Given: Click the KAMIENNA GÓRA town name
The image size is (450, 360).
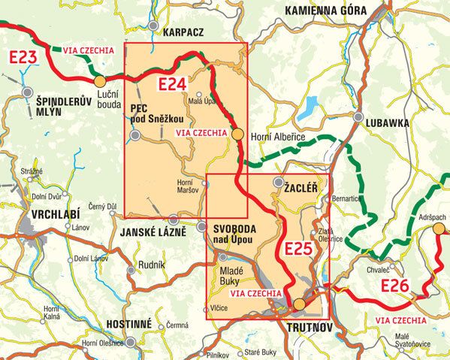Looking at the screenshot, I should coord(325,11).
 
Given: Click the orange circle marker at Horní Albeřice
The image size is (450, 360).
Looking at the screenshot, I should coord(237,135).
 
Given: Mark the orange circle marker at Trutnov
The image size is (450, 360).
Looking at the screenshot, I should coord(299,304).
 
